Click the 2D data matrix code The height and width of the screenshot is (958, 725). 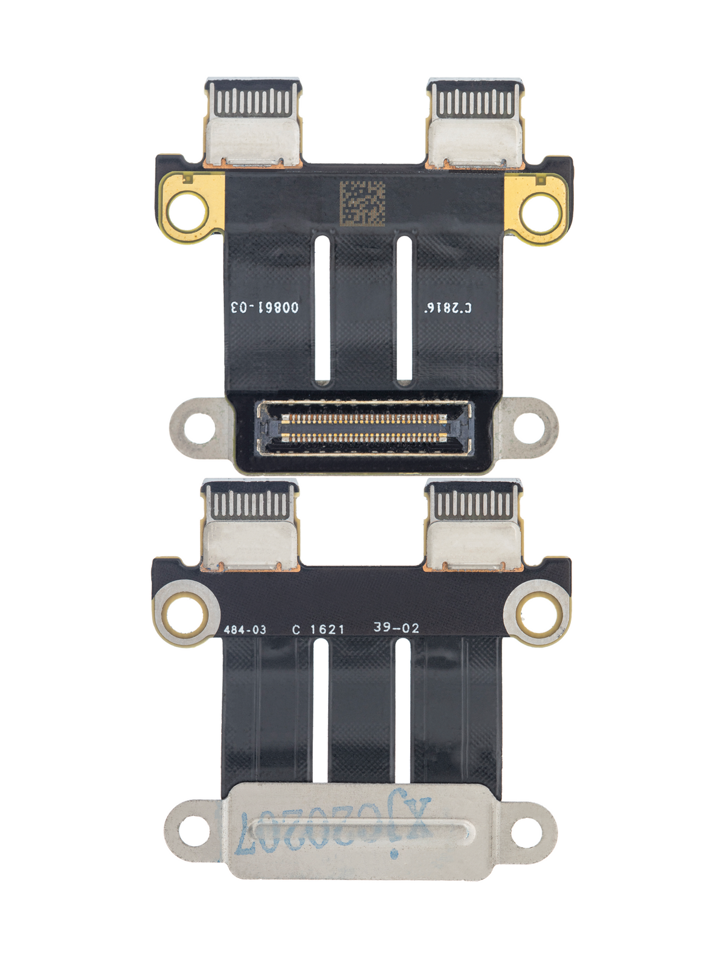[362, 203]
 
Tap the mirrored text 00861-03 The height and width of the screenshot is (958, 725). [265, 307]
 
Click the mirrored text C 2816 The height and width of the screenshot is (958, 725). [448, 307]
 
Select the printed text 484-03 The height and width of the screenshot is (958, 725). [245, 629]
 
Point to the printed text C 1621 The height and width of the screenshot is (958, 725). [318, 629]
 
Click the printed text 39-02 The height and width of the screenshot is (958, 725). [396, 628]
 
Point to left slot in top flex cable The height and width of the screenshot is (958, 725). [323, 308]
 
